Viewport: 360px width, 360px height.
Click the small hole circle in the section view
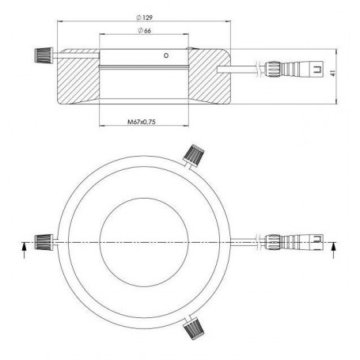(165, 56)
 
